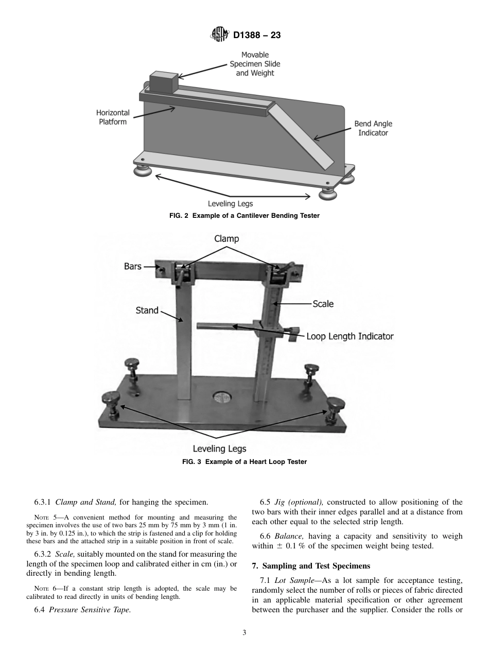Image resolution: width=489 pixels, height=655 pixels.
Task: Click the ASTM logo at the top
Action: point(219,36)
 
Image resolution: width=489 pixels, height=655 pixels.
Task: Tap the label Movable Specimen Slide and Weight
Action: point(255,64)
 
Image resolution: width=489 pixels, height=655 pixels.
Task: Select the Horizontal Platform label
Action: point(113,117)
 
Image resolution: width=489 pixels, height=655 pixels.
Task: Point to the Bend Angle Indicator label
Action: point(373,128)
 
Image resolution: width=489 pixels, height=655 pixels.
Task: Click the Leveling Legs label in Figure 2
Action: point(230,204)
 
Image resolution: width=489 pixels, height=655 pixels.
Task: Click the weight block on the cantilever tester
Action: point(163,83)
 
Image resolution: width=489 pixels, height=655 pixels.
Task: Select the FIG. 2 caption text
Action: point(244,216)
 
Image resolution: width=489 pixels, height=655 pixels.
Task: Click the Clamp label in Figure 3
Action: point(226,239)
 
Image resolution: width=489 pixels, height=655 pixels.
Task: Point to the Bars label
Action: point(133,267)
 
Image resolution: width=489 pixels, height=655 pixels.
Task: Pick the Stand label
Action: point(147,311)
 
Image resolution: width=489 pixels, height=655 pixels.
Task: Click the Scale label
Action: point(323,304)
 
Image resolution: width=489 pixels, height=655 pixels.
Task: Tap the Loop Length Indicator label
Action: point(350,336)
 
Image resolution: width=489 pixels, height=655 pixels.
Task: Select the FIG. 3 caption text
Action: point(244,462)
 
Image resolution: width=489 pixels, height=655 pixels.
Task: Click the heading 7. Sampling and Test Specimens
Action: point(311,566)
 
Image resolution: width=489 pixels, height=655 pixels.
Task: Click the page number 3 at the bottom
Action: point(244,633)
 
